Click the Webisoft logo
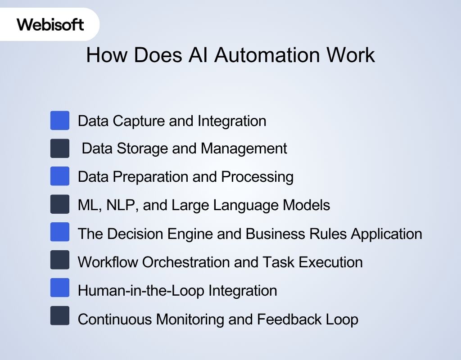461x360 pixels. click(50, 24)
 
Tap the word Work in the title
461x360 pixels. click(351, 55)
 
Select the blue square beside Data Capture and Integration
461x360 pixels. click(60, 121)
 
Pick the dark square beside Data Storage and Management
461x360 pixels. click(60, 148)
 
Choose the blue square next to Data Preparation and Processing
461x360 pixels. click(60, 176)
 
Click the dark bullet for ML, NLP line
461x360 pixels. click(60, 204)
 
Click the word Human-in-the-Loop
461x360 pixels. click(141, 290)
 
